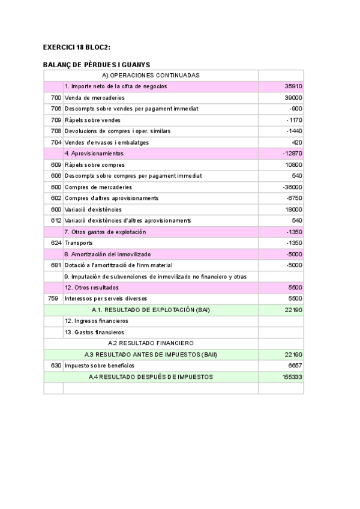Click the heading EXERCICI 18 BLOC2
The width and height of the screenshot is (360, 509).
77,47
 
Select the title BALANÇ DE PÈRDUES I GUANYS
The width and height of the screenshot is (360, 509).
97,64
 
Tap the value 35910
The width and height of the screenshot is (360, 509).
293,86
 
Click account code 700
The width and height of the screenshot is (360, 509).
56,97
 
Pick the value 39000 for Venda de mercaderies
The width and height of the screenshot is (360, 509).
293,97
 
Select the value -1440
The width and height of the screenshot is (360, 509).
294,131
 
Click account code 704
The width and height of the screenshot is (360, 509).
56,142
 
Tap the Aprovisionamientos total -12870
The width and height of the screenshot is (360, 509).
292,154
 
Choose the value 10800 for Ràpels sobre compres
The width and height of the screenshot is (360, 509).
293,164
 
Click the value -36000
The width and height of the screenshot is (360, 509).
292,187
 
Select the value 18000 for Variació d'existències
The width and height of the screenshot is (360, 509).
293,209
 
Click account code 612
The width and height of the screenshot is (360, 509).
56,220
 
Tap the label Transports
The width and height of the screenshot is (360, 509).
79,243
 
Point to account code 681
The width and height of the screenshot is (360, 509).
56,265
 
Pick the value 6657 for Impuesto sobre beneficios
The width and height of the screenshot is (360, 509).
294,366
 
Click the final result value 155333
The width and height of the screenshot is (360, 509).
292,377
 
